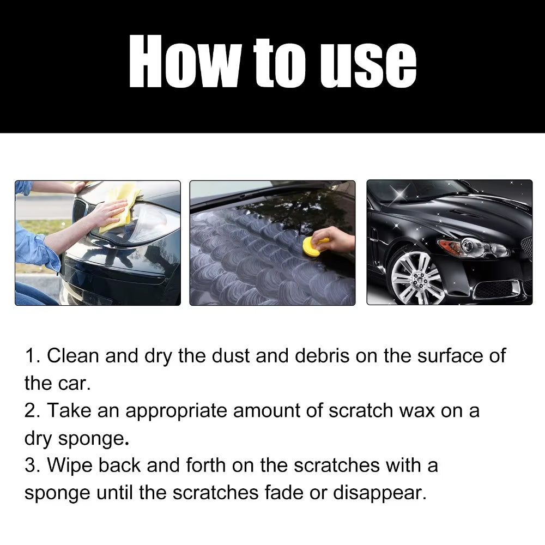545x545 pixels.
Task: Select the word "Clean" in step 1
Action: [73, 356]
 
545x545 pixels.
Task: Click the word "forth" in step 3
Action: [205, 465]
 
